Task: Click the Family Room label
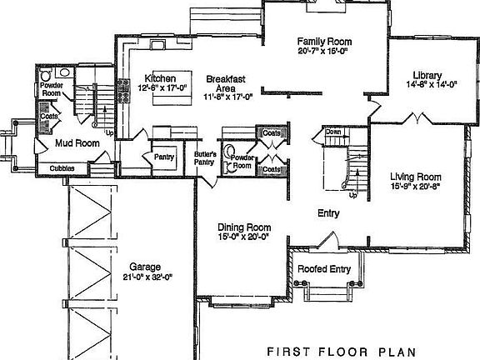[x=325, y=41]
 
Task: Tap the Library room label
[x=424, y=74]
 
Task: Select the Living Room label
[x=415, y=177]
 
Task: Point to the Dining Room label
[x=244, y=227]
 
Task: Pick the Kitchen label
[x=159, y=77]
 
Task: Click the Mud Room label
[x=77, y=143]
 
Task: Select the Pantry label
[x=162, y=156]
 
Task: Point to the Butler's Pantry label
[x=206, y=159]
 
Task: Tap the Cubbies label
[x=62, y=168]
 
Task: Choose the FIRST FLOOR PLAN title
[x=341, y=350]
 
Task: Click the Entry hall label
[x=329, y=214]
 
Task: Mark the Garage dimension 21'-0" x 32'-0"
[x=147, y=277]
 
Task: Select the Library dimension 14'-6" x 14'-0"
[x=425, y=84]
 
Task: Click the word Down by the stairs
[x=334, y=132]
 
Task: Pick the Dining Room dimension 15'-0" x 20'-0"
[x=244, y=237]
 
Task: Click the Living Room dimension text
[x=415, y=187]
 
